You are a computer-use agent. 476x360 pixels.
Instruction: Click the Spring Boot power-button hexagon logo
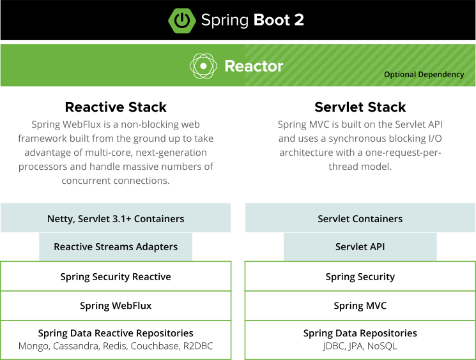click(x=181, y=20)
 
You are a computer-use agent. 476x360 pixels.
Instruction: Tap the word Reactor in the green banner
click(x=254, y=66)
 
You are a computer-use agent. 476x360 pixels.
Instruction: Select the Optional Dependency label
click(x=424, y=75)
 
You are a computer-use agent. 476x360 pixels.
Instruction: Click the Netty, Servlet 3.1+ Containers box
click(x=116, y=218)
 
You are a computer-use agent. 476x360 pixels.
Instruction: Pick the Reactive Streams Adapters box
click(x=116, y=246)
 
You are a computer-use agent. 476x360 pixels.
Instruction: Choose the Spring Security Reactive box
click(x=116, y=276)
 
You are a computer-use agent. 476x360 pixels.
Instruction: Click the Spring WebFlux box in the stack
click(x=116, y=306)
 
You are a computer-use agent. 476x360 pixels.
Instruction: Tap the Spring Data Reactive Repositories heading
click(x=116, y=333)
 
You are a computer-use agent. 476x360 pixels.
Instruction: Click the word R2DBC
click(x=197, y=346)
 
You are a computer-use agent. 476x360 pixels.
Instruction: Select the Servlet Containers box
click(x=360, y=218)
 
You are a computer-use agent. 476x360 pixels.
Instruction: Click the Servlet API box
click(x=360, y=246)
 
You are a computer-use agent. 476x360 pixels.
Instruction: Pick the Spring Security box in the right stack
click(x=360, y=276)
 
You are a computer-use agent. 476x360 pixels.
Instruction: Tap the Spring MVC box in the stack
click(x=360, y=306)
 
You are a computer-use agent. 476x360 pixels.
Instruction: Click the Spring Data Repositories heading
click(x=360, y=333)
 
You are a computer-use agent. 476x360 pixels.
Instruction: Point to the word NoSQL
click(x=382, y=346)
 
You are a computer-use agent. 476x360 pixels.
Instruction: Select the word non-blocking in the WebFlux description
click(x=139, y=124)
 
